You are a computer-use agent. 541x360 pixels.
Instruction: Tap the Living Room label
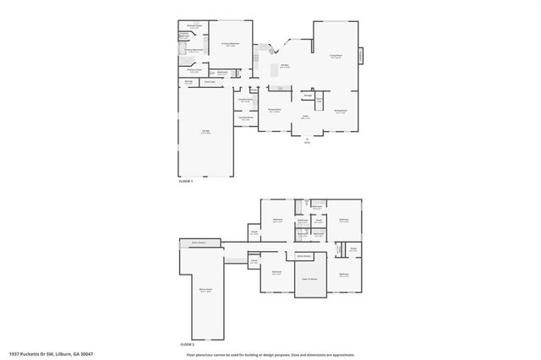[336, 57]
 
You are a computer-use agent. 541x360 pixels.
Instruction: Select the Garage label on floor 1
[205, 132]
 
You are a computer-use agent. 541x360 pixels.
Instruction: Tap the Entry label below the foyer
[307, 141]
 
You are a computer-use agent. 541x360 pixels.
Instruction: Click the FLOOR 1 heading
[186, 182]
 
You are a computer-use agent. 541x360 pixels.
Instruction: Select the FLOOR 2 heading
[187, 345]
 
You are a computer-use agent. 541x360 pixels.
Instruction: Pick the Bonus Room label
[205, 290]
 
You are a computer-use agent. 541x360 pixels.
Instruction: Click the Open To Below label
[310, 279]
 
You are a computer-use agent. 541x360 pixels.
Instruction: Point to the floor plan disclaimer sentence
[270, 354]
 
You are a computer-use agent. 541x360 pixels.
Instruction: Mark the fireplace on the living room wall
[363, 56]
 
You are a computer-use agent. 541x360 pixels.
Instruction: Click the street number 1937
[14, 354]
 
